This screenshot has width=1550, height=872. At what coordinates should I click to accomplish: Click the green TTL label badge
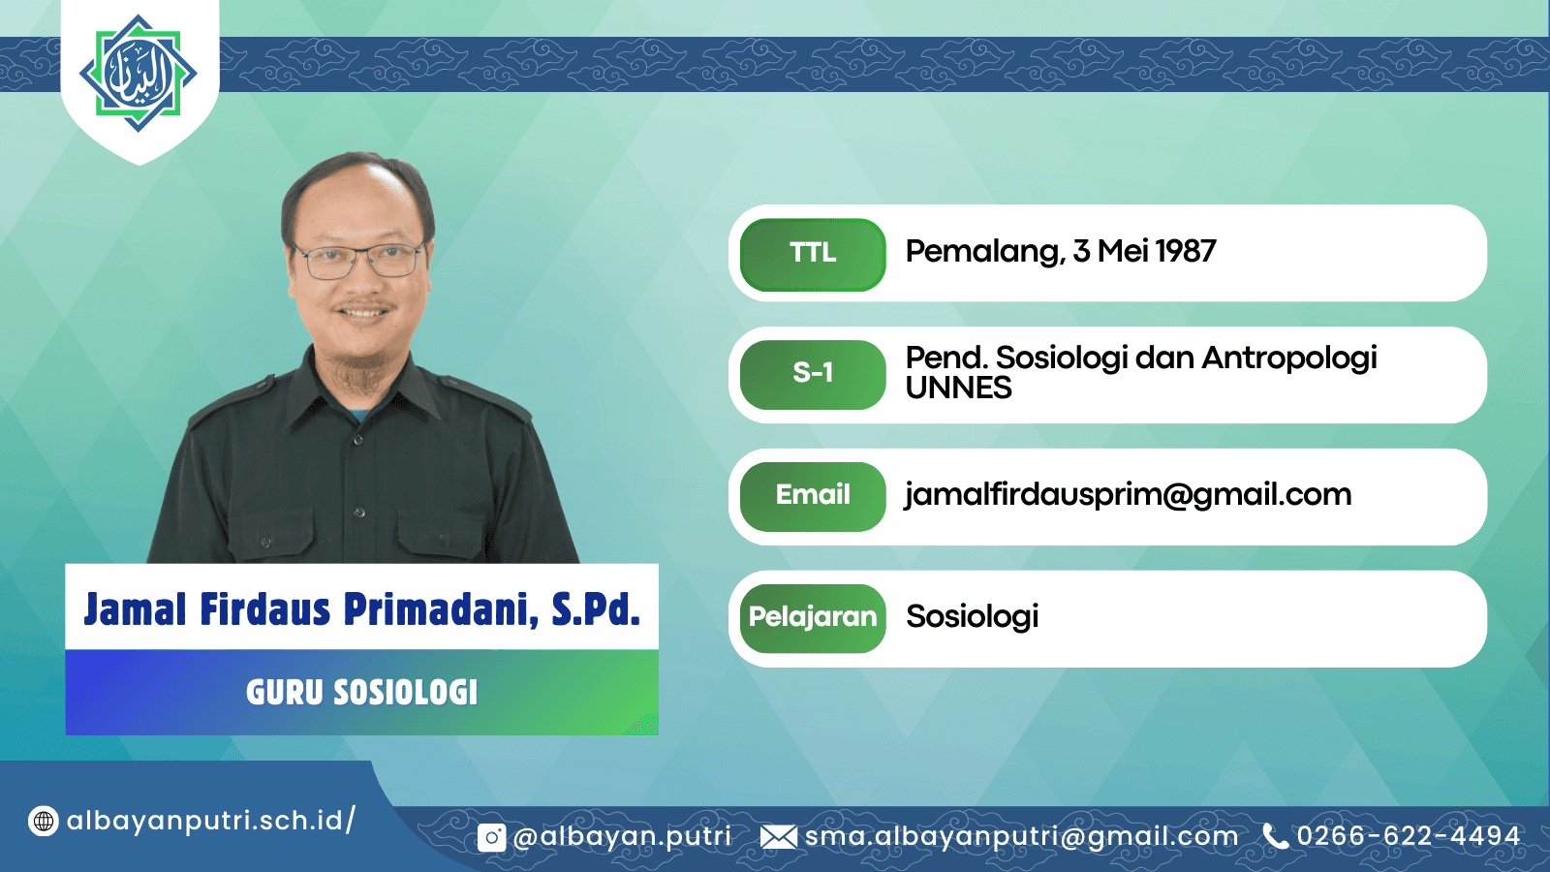(x=813, y=254)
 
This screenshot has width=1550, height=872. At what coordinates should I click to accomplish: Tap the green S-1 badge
(x=813, y=374)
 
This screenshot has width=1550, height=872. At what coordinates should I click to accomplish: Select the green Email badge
(x=813, y=496)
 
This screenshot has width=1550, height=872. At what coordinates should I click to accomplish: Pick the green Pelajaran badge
(x=813, y=618)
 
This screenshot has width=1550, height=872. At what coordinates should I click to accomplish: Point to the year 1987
(x=1186, y=251)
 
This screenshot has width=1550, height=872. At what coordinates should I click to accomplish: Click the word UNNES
(x=958, y=389)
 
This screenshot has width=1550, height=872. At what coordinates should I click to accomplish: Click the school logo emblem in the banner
(x=139, y=74)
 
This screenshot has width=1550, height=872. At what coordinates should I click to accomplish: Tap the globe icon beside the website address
(x=43, y=822)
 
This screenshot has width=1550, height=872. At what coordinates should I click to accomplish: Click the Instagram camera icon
(x=492, y=838)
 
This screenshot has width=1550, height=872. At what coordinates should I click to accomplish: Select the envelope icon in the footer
(x=779, y=837)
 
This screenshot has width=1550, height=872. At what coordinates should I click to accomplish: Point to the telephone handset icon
(x=1275, y=836)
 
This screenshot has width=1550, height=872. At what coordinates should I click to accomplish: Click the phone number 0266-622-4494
(x=1409, y=836)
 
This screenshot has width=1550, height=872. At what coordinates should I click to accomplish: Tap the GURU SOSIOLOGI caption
(x=362, y=692)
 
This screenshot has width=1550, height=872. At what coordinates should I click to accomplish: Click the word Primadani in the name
(x=441, y=609)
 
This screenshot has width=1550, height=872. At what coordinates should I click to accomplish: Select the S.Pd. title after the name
(x=596, y=609)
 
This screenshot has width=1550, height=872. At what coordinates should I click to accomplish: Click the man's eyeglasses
(x=358, y=261)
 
